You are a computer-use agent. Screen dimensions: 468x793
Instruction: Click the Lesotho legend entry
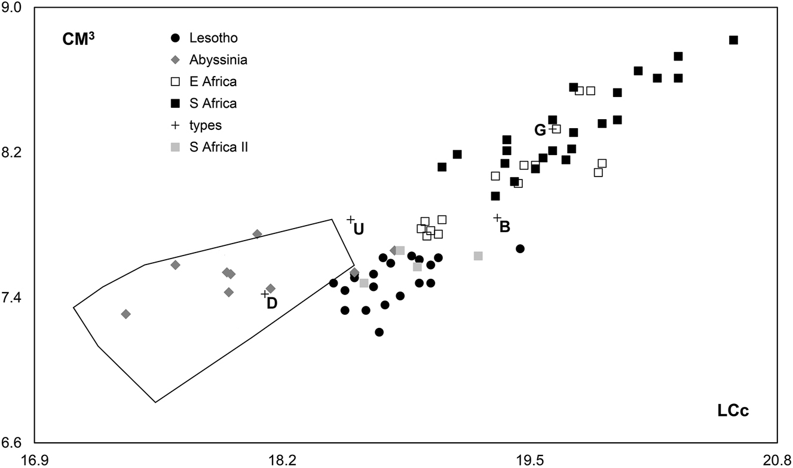click(206, 38)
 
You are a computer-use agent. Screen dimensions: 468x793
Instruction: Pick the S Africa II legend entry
click(209, 147)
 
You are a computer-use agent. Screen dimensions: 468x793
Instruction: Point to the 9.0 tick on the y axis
click(13, 8)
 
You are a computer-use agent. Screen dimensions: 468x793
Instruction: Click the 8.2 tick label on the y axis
click(13, 153)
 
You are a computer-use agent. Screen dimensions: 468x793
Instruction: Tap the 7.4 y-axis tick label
click(13, 298)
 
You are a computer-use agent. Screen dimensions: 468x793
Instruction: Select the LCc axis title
click(733, 411)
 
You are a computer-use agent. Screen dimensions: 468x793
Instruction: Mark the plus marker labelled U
click(351, 220)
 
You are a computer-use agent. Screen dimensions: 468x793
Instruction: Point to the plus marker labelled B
click(497, 218)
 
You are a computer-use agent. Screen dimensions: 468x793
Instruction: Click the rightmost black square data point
click(733, 40)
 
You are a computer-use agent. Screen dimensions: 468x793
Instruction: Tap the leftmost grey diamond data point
click(125, 314)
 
